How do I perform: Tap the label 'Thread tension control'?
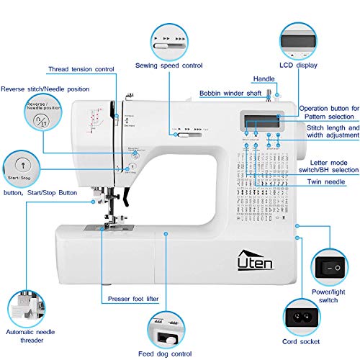[81, 70]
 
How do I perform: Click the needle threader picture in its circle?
[27, 306]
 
